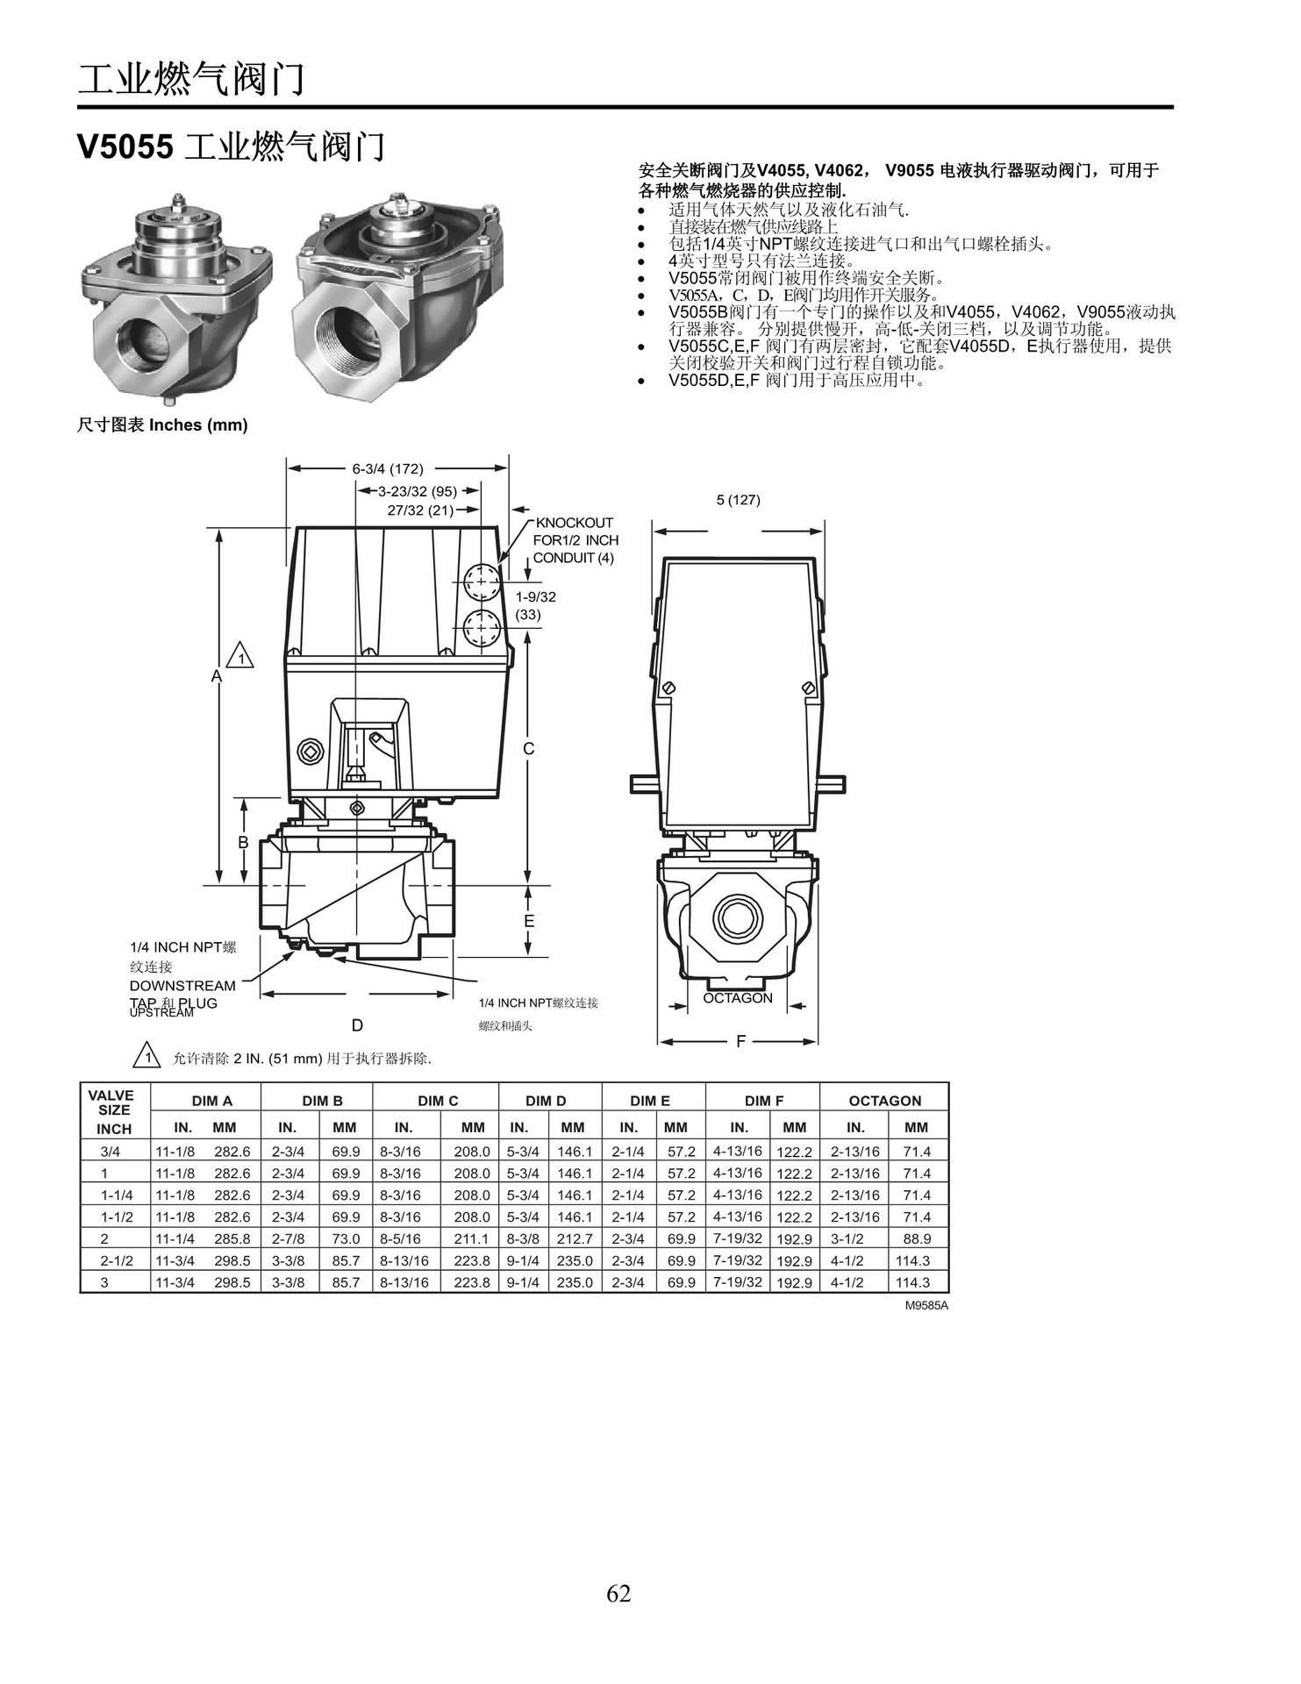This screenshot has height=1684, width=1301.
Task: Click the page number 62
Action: pyautogui.click(x=618, y=1592)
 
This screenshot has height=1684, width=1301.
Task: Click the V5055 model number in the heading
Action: pyautogui.click(x=125, y=146)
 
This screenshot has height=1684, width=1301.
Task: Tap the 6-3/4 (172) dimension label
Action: pyautogui.click(x=388, y=468)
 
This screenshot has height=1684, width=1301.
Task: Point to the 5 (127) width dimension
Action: pyautogui.click(x=738, y=500)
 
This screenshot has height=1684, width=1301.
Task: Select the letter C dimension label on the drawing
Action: pyautogui.click(x=529, y=748)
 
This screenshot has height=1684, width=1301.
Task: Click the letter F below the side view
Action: pyautogui.click(x=740, y=1041)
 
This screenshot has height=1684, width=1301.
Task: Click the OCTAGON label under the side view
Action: pyautogui.click(x=738, y=998)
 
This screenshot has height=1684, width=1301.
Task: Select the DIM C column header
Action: pyautogui.click(x=438, y=1101)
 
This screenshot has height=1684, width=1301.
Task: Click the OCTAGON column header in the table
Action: pyautogui.click(x=884, y=1101)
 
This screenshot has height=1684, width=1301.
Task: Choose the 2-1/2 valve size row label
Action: pyautogui.click(x=117, y=1260)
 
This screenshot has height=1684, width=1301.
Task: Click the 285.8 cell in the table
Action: pyautogui.click(x=232, y=1238)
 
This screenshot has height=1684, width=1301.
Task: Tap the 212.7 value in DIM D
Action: pyautogui.click(x=575, y=1238)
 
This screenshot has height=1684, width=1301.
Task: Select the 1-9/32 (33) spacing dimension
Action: pyautogui.click(x=535, y=605)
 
